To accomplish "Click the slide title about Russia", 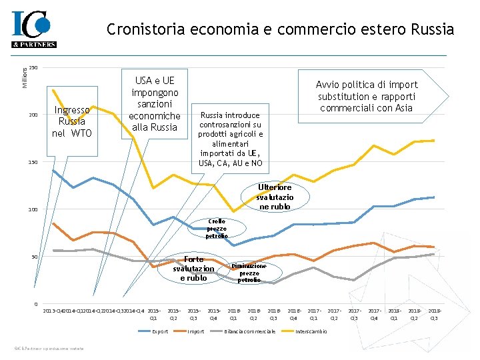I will click(280, 29).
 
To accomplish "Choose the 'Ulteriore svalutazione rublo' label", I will click(275, 197).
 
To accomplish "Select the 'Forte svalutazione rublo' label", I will click(193, 269).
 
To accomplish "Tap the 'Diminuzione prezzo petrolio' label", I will click(249, 272).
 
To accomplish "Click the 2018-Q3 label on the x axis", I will click(435, 314).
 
